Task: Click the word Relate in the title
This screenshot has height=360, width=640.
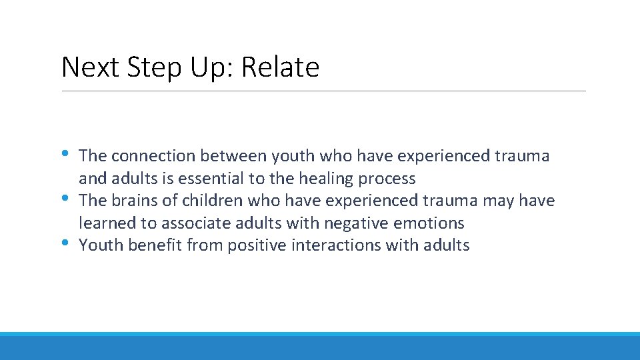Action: (x=280, y=67)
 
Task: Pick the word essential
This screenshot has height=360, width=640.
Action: (x=215, y=179)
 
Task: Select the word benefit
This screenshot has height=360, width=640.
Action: (x=156, y=245)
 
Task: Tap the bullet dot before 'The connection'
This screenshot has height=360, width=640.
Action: (x=66, y=154)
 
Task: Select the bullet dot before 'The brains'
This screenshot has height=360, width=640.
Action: (x=66, y=199)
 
